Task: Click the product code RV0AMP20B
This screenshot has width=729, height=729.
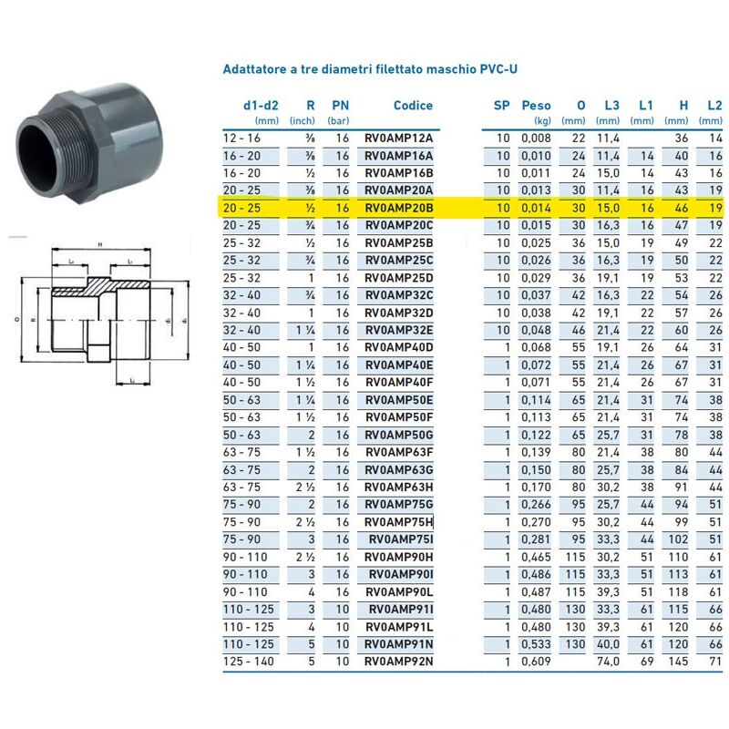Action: click(x=399, y=208)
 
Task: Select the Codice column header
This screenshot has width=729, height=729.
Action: click(x=413, y=106)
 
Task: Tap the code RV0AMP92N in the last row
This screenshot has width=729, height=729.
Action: click(x=399, y=661)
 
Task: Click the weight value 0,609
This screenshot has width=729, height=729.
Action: click(x=536, y=661)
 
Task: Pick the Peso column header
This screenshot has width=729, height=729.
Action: click(x=536, y=106)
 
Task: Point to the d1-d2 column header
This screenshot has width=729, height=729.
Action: click(x=261, y=106)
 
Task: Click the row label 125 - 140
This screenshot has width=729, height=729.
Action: click(x=249, y=661)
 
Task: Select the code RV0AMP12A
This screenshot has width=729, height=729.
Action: click(x=399, y=138)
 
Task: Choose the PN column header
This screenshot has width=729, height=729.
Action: click(x=340, y=106)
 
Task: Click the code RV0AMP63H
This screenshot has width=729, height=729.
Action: click(x=399, y=488)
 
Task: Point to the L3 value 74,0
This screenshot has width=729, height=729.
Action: click(x=608, y=661)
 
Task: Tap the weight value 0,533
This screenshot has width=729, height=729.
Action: click(x=536, y=643)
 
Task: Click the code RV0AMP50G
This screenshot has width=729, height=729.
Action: click(x=399, y=435)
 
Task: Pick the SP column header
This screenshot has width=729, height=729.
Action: click(x=501, y=106)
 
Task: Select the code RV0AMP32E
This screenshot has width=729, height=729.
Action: click(x=399, y=330)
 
